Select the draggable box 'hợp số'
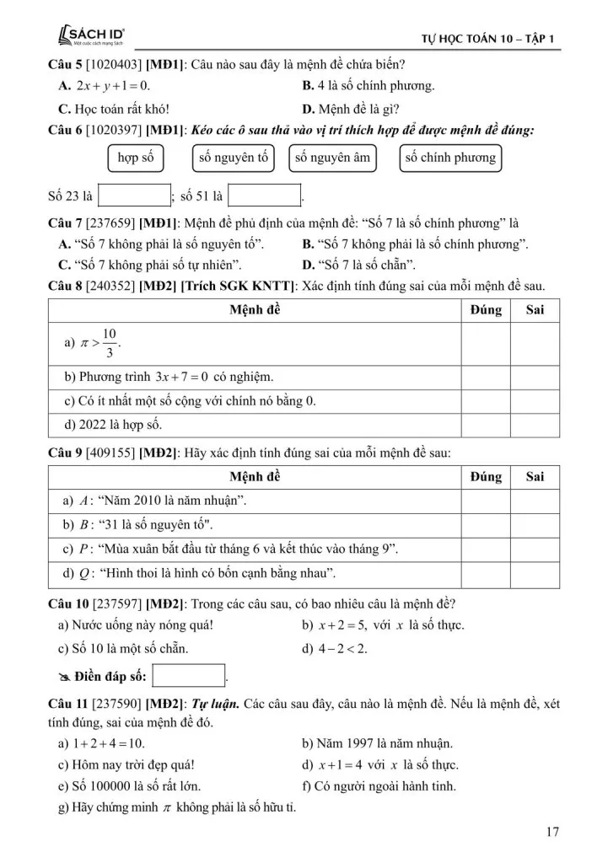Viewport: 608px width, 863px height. (136, 158)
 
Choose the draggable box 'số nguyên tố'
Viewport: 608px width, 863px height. (234, 158)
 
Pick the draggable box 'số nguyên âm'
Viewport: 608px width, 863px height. (331, 158)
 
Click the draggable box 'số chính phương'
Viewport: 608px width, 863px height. (450, 158)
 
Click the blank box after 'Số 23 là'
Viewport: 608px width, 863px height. (135, 196)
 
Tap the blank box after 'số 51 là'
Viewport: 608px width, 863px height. (265, 196)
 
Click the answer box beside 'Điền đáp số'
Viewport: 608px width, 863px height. (190, 676)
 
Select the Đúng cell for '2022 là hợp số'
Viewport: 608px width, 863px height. (486, 424)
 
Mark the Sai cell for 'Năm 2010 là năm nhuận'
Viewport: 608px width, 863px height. (535, 501)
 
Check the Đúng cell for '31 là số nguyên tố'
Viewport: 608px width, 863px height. (486, 524)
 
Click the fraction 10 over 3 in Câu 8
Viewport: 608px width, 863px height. (109, 344)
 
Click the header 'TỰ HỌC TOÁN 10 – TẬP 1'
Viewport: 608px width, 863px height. (492, 39)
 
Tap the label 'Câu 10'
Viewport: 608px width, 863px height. (66, 603)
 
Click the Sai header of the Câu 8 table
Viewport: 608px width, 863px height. (535, 309)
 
